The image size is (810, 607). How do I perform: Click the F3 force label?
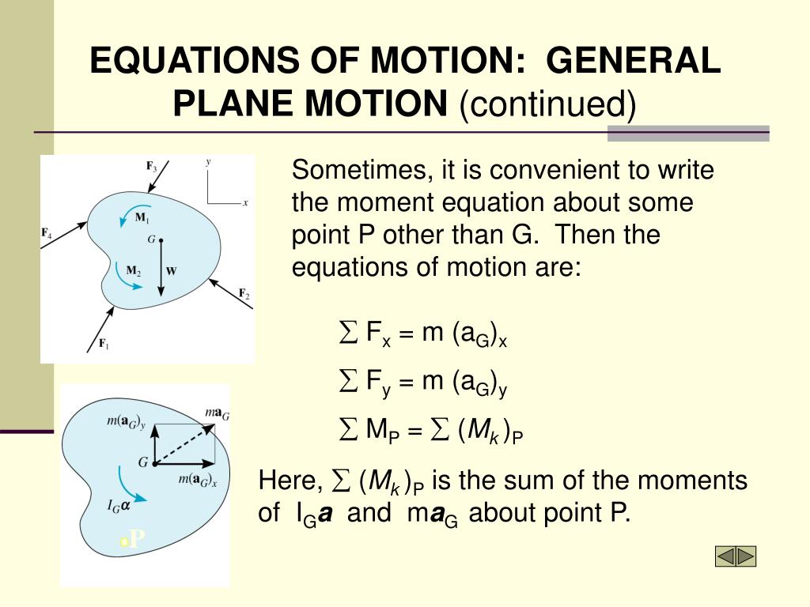coord(151,167)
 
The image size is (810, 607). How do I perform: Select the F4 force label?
coord(47,234)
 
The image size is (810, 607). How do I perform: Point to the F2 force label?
coord(244,294)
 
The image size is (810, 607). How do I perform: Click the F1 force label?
coord(103,343)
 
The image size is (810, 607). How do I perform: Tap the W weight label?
coord(172,270)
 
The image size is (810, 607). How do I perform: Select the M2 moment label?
coord(134,270)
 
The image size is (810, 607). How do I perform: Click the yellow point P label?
coord(134,540)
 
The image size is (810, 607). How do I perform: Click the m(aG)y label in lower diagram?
coord(126,422)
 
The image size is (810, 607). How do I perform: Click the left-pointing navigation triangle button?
coord(725,556)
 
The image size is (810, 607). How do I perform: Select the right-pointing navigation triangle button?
coord(746,556)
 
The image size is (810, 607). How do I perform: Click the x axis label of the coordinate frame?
coord(245,202)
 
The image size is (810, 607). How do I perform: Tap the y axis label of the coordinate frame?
coord(208,162)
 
